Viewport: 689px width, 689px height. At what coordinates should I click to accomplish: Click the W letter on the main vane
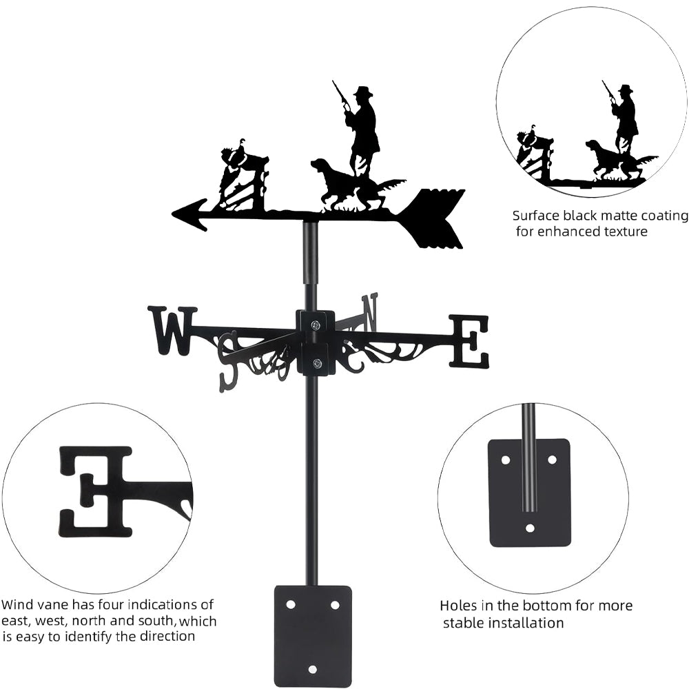[x=172, y=331]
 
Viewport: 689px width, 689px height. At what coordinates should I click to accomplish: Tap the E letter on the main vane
[x=469, y=340]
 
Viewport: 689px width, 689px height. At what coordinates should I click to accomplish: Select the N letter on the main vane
[x=371, y=311]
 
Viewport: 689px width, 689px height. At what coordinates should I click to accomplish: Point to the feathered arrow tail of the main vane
[x=434, y=218]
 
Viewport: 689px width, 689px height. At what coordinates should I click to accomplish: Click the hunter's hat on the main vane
[x=362, y=92]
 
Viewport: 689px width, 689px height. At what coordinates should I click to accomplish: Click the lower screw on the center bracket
[x=316, y=363]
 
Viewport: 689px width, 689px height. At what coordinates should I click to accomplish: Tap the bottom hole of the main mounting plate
[x=313, y=668]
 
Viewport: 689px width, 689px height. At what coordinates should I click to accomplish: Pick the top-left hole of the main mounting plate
[x=291, y=604]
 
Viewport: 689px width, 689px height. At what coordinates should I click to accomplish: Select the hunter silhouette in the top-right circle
[x=625, y=117]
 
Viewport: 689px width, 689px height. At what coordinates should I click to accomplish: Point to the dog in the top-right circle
[x=607, y=160]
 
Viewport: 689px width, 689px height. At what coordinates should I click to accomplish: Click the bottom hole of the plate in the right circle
[x=529, y=528]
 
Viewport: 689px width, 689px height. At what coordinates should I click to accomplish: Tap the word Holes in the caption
[x=459, y=606]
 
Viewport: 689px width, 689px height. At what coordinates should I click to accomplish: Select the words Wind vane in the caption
[x=30, y=605]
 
